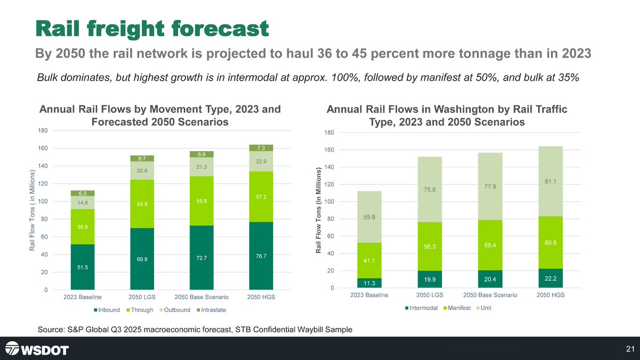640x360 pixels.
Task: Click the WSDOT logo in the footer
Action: point(37,349)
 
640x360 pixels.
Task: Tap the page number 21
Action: point(630,349)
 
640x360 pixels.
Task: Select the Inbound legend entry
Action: point(107,310)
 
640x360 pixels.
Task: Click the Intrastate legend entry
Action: point(211,310)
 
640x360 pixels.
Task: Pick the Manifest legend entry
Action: point(457,308)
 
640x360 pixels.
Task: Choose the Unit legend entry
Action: point(484,308)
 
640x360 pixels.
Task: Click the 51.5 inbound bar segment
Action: point(83,267)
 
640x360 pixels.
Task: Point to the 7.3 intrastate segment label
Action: point(261,148)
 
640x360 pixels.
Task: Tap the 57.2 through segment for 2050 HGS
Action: point(261,197)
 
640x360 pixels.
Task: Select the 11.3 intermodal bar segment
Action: point(369,283)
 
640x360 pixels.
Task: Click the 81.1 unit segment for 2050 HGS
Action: point(550,181)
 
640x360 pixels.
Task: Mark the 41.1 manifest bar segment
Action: point(369,261)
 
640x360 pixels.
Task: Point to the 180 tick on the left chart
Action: point(43,131)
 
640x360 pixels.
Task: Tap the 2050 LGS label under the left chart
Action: point(142,297)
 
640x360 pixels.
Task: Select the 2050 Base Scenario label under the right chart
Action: point(490,295)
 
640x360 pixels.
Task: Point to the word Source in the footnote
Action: point(51,330)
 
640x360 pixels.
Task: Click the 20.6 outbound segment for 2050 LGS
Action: point(142,171)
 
